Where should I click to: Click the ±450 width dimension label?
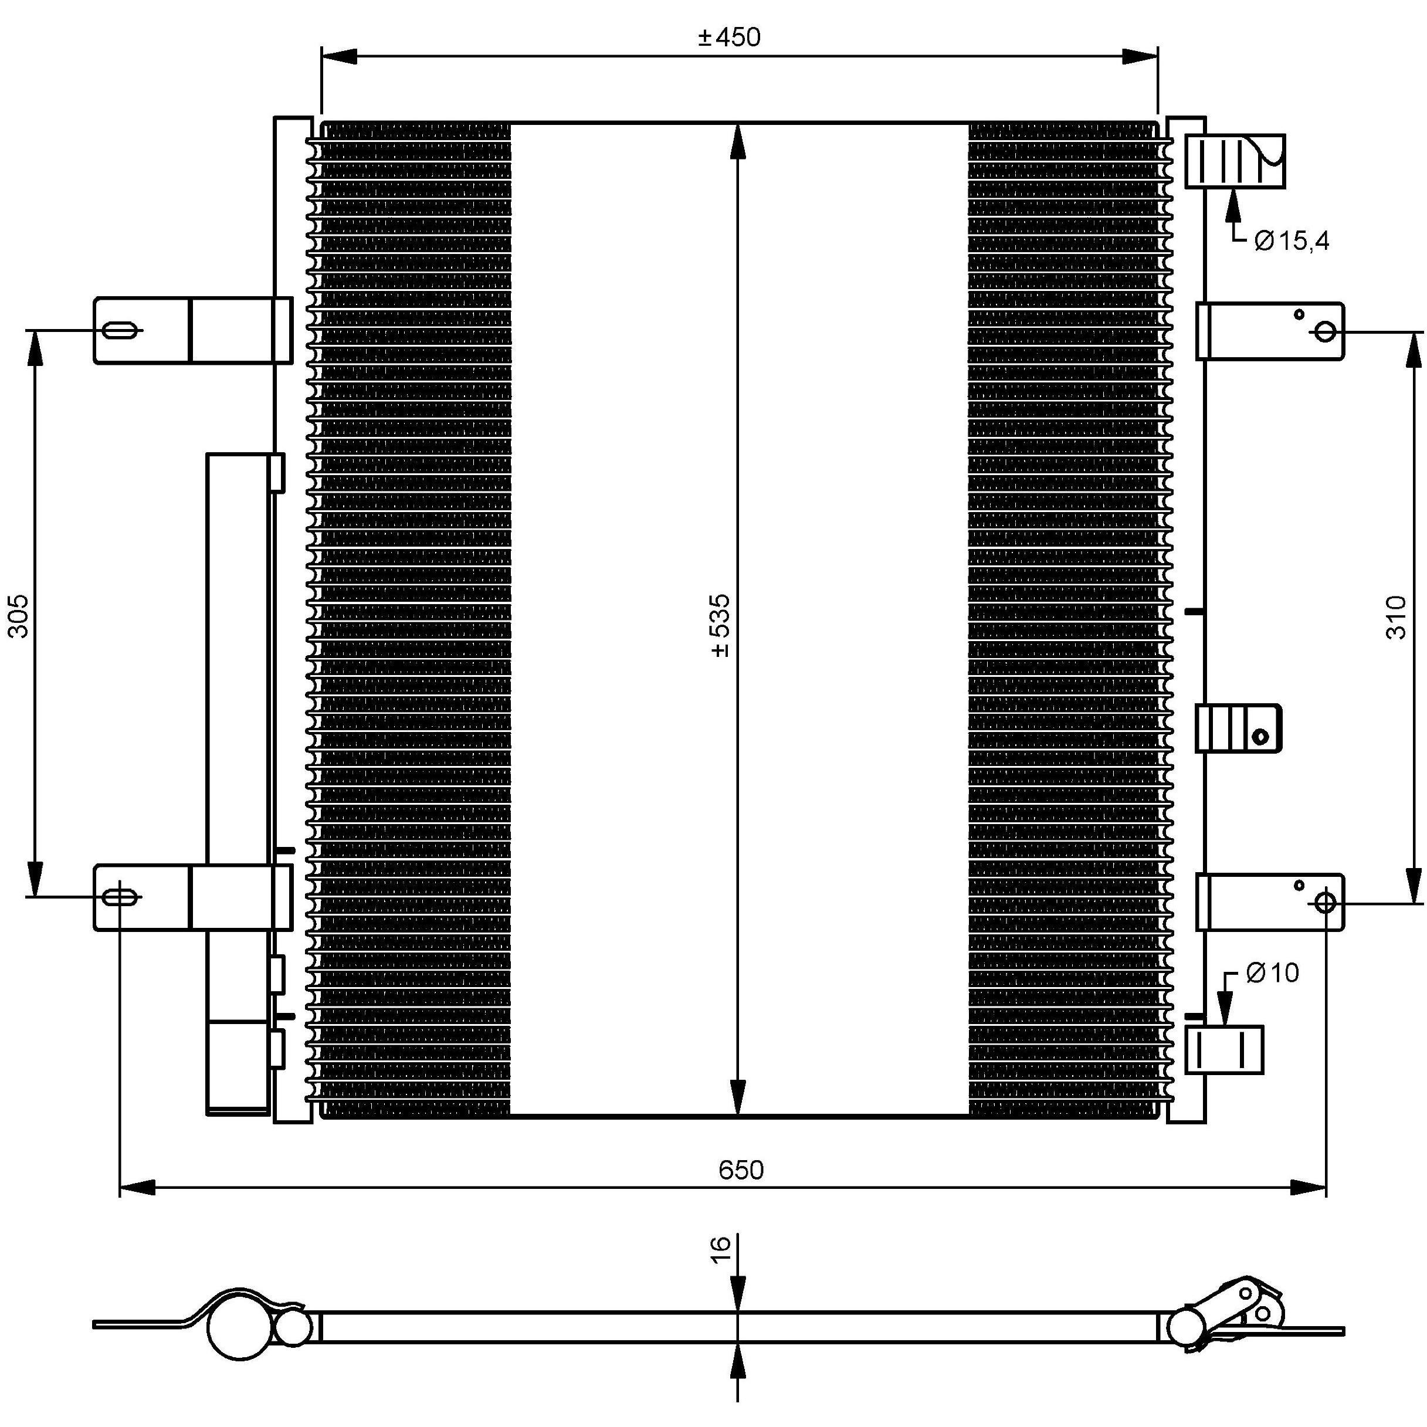pyautogui.click(x=729, y=37)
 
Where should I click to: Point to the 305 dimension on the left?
pyautogui.click(x=18, y=615)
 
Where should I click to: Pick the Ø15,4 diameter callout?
pyautogui.click(x=1291, y=241)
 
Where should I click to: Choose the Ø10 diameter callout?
pyautogui.click(x=1272, y=973)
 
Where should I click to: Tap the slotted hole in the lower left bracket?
pyautogui.click(x=119, y=897)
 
